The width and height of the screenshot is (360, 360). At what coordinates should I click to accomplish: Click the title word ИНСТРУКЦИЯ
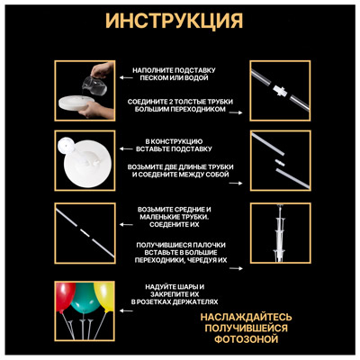[x=180, y=20]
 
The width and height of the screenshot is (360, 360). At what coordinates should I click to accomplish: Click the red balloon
[x=67, y=293]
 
